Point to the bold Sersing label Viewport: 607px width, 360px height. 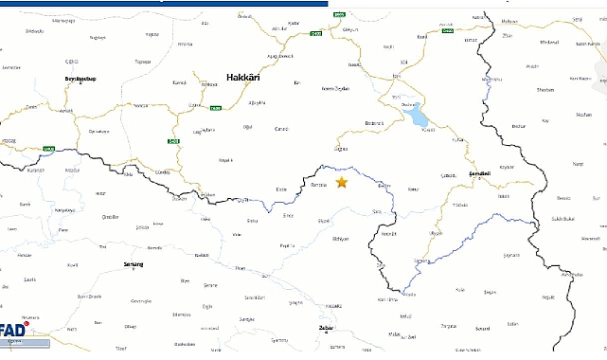(134, 264)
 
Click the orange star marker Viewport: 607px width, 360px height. (342, 182)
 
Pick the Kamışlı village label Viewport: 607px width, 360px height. (178, 84)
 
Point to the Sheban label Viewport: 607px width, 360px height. (545, 90)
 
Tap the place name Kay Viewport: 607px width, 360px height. (545, 121)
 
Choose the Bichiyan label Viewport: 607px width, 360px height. (329, 239)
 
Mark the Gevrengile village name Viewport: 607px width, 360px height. (141, 300)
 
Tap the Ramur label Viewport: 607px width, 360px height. (413, 190)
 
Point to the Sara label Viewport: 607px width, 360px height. (377, 212)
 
